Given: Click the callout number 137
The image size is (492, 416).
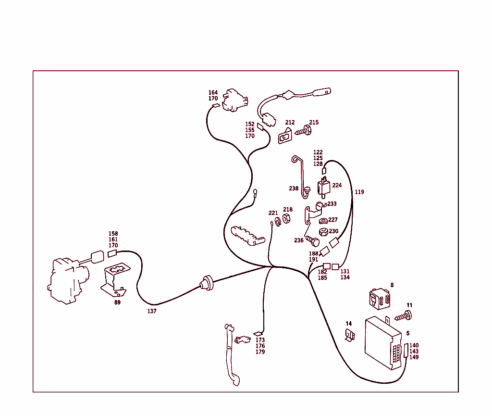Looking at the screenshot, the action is point(151,311).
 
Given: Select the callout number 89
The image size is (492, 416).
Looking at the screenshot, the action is point(117,303).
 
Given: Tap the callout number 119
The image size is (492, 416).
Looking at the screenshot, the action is point(359,192).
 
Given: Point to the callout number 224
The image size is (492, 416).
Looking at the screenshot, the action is point(337,185).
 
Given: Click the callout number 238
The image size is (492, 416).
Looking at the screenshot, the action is point(294,189).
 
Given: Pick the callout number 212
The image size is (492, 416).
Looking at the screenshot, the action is point(290,123).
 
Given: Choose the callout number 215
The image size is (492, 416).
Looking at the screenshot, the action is point(314,122).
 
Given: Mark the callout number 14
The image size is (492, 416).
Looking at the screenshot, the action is point(349,324).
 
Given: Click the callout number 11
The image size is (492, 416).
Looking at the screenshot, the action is point(409,305).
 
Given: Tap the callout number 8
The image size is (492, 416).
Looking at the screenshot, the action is point(392,285).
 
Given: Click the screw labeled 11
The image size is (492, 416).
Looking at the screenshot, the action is point(404,316).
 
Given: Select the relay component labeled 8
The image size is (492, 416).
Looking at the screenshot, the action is point(380,299).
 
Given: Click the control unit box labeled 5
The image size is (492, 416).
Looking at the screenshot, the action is point(383,343).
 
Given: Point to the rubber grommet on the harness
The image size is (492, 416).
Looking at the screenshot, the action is point(207,283).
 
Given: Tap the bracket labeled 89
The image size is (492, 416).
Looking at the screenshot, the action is point(115,279).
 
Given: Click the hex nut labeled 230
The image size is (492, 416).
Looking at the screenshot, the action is point(323,232).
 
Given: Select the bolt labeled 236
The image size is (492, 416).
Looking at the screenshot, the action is point(312,241).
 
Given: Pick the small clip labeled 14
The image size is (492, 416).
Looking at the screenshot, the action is point(350,335).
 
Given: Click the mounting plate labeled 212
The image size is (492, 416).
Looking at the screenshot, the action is point(285,136).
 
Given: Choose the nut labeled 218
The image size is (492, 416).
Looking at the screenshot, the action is point(286,218).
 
